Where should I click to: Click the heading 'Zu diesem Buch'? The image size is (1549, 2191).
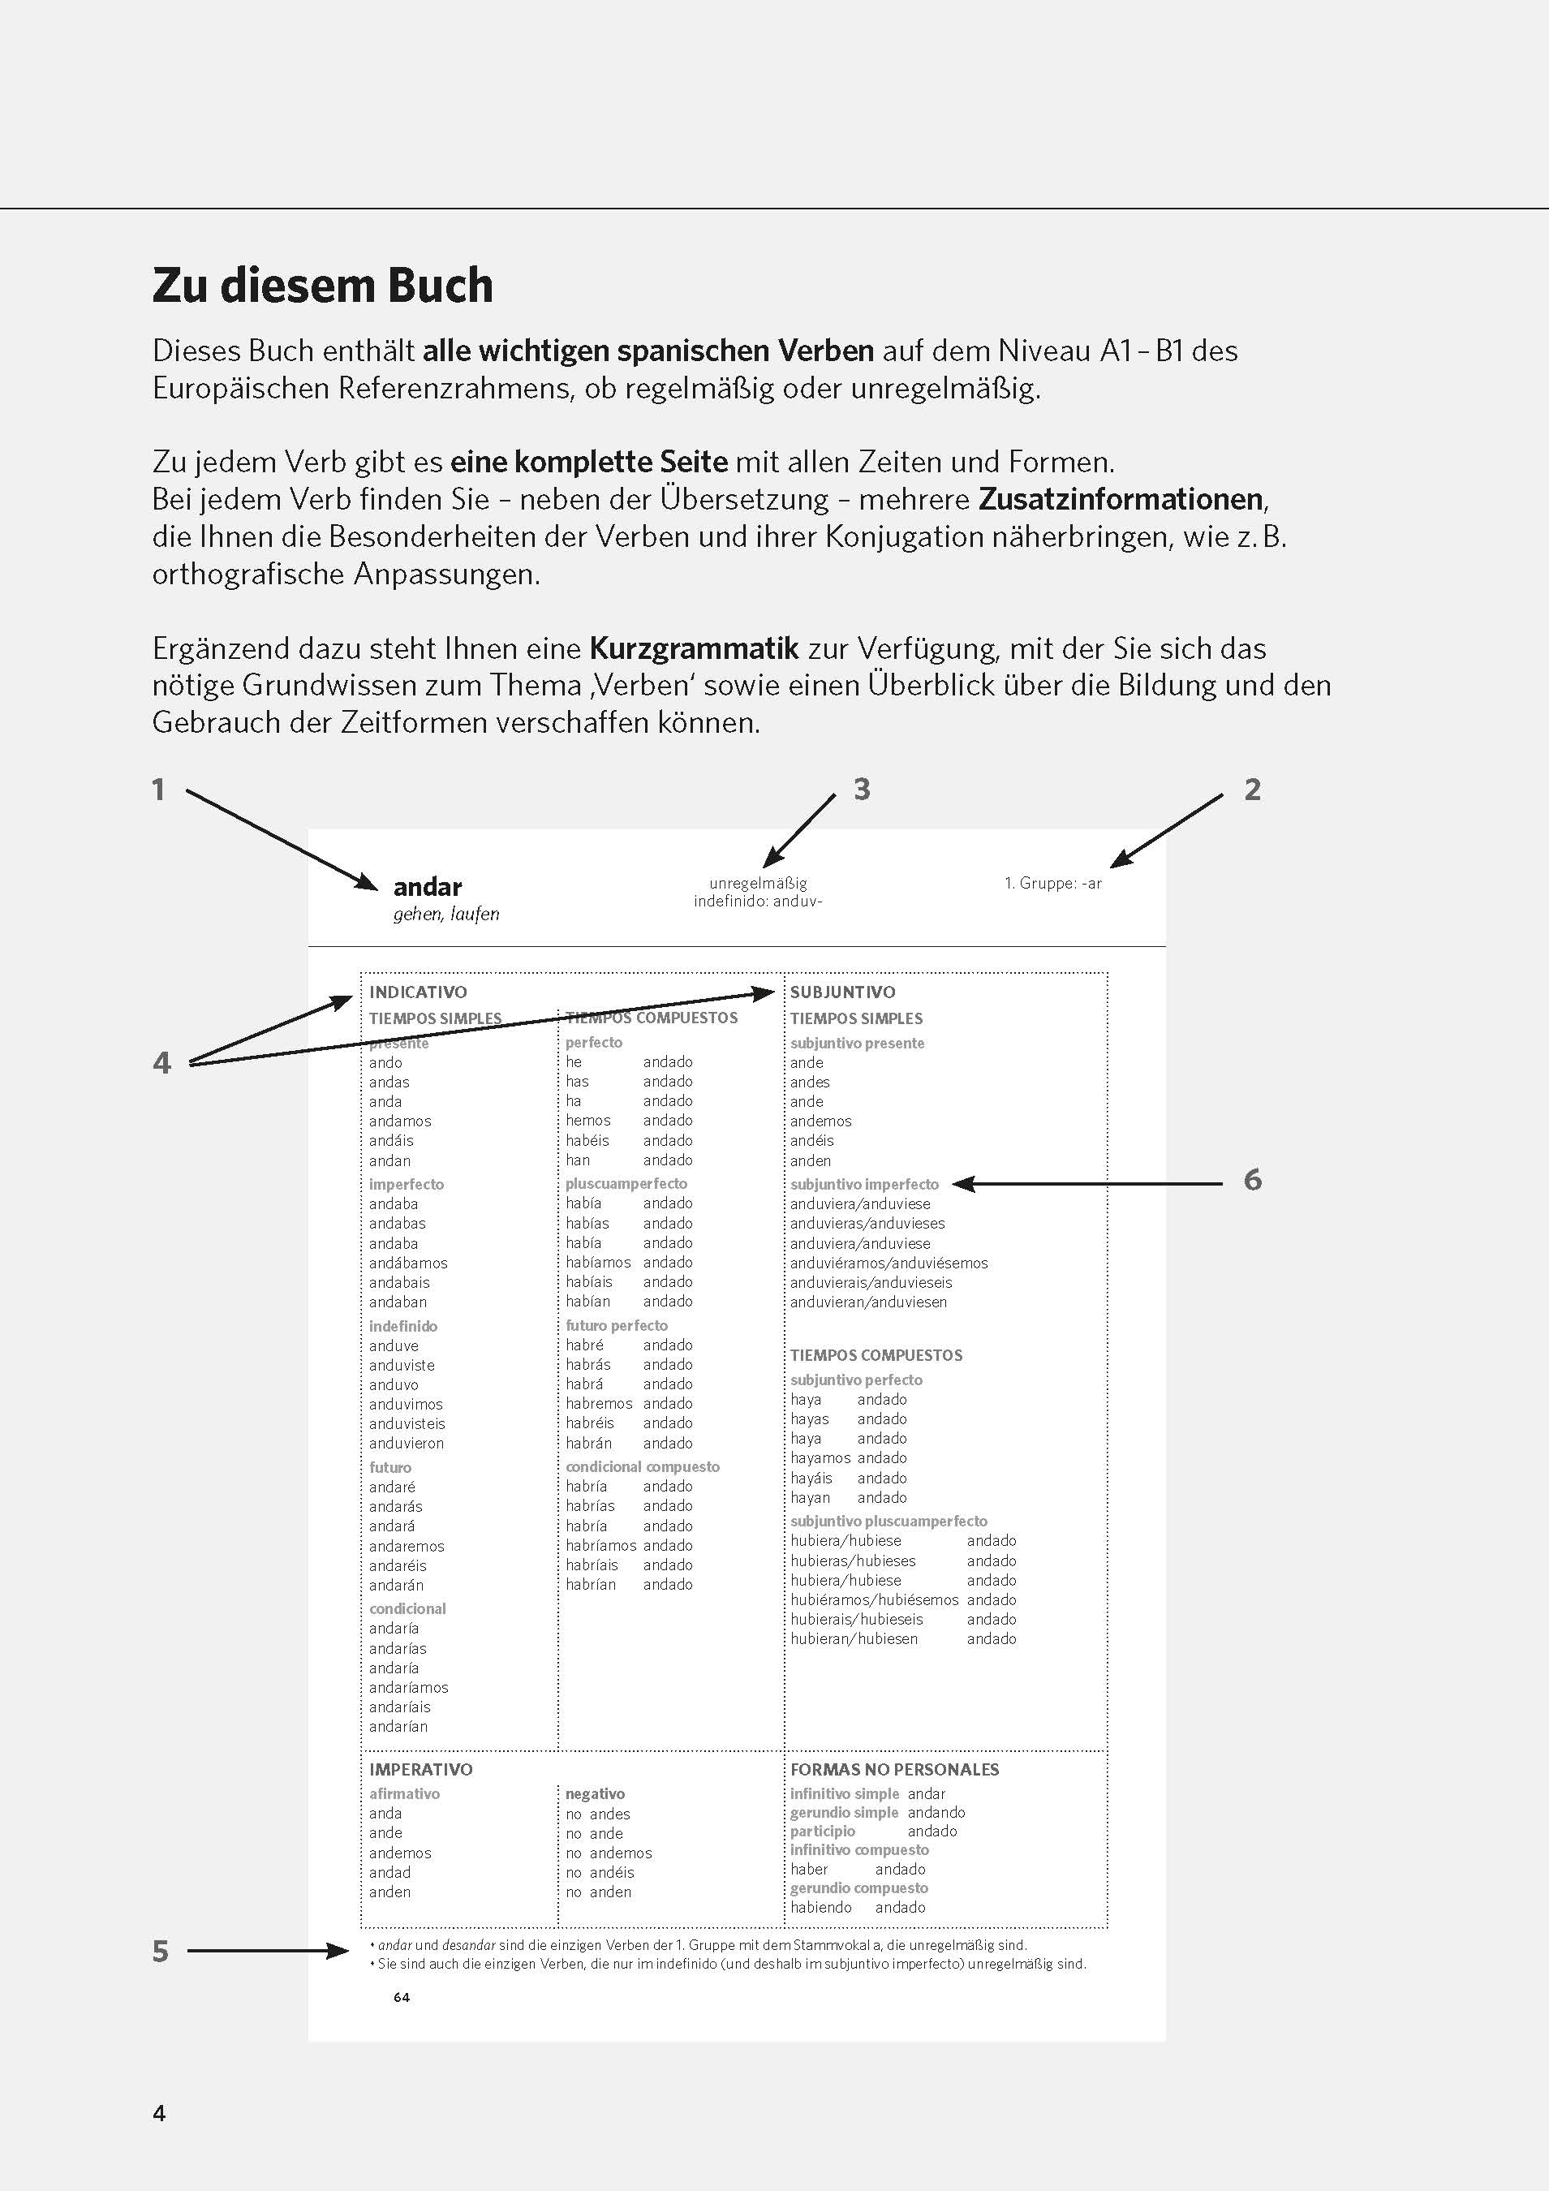323,286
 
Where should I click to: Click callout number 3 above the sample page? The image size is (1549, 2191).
862,790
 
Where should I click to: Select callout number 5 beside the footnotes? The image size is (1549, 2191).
161,1952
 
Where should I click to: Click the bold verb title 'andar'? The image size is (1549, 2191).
428,888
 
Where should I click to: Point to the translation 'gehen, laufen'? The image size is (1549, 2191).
445,915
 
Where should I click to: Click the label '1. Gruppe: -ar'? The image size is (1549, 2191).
1052,884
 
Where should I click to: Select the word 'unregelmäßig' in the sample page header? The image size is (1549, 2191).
758,884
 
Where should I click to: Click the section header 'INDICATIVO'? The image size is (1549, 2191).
418,992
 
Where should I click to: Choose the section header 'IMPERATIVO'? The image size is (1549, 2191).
421,1769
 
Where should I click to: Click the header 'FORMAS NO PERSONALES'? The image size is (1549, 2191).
894,1769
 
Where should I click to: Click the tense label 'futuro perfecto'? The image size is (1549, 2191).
617,1325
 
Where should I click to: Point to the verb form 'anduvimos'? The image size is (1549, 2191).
406,1404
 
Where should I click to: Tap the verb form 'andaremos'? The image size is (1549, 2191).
407,1546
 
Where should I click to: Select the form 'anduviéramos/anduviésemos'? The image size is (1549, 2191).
889,1263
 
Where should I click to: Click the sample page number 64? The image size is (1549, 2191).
402,1997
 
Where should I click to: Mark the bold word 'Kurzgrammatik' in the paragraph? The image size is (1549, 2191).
694,649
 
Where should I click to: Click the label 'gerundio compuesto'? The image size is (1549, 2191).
859,1888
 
